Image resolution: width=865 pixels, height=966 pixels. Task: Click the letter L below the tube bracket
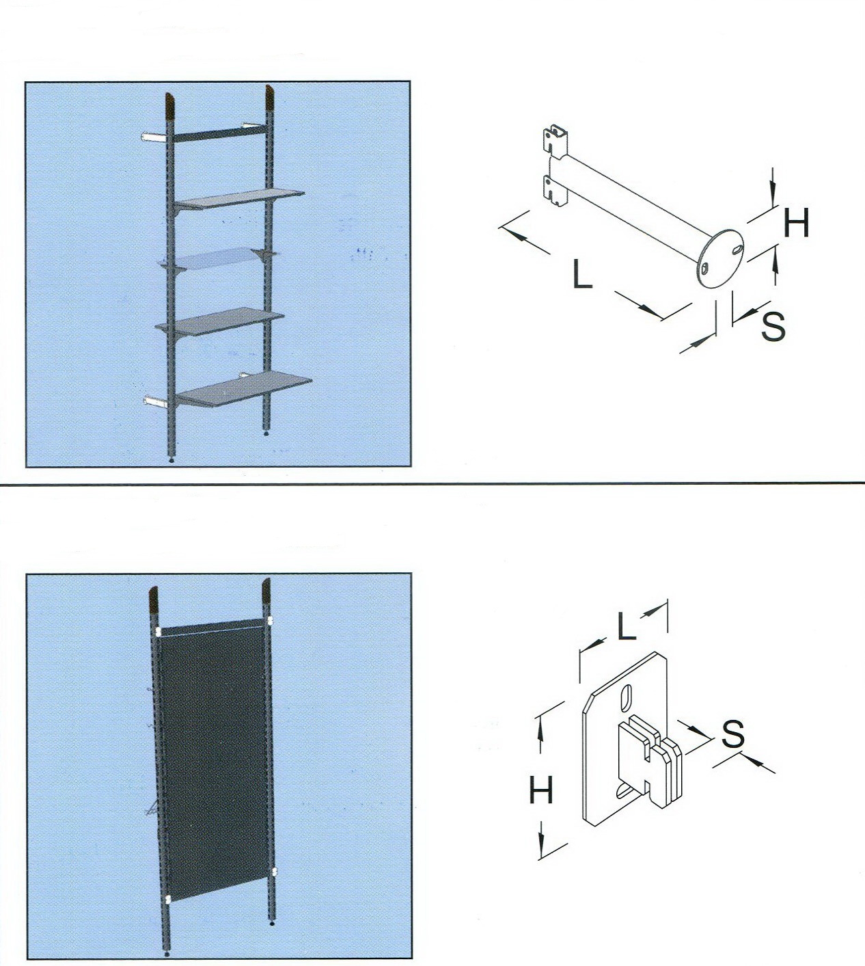582,274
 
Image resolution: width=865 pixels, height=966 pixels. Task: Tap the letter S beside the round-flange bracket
773,325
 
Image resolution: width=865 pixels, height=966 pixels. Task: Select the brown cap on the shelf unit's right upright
269,98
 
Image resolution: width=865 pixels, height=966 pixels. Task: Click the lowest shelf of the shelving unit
244,388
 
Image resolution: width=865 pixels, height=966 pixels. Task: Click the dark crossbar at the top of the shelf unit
219,133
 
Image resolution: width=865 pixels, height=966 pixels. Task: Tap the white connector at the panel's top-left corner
159,632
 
